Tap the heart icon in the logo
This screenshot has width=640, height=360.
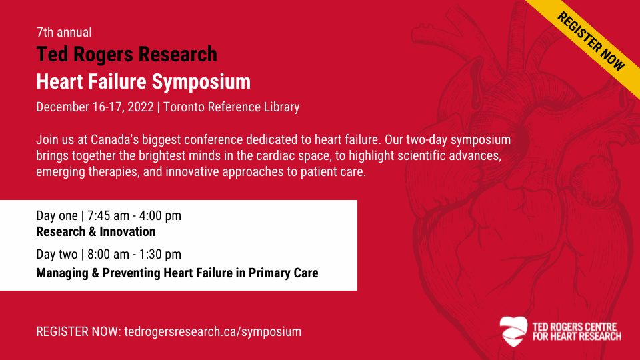click(x=513, y=331)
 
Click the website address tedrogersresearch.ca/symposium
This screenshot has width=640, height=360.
click(x=213, y=331)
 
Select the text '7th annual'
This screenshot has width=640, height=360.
click(x=64, y=32)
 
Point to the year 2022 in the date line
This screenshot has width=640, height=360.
click(x=141, y=107)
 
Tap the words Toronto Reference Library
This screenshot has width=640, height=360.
click(x=231, y=107)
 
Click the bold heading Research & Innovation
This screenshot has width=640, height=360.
click(x=96, y=231)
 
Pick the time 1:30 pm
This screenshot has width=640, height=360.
click(x=160, y=254)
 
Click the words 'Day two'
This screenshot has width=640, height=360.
click(x=57, y=254)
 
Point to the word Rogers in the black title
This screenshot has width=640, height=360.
click(x=103, y=55)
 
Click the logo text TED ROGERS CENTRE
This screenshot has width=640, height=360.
click(x=574, y=327)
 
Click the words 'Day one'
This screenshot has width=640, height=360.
click(x=57, y=215)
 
